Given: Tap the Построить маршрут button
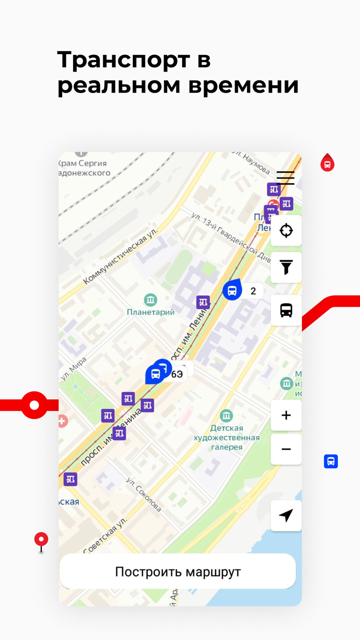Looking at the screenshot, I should click(x=177, y=572).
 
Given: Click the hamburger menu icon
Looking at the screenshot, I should click(x=285, y=177).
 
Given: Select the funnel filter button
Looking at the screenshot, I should click(x=286, y=268).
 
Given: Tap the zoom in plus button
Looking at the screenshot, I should click(x=286, y=415).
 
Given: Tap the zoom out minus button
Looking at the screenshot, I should click(x=286, y=449).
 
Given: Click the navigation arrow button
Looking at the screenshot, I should click(x=286, y=515).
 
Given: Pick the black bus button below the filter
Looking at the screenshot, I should click(x=286, y=310).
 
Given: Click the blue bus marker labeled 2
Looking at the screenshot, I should click(x=232, y=290).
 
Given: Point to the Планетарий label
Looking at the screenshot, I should click(x=151, y=312).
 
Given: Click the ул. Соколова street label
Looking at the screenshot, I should click(x=144, y=495).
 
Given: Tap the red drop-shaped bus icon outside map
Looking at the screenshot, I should click(x=327, y=164).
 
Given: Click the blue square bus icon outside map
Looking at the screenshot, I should click(x=331, y=461).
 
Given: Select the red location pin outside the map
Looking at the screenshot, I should click(x=41, y=540).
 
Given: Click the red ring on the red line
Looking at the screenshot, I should click(x=34, y=405).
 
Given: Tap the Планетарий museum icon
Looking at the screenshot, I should click(x=151, y=299).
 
